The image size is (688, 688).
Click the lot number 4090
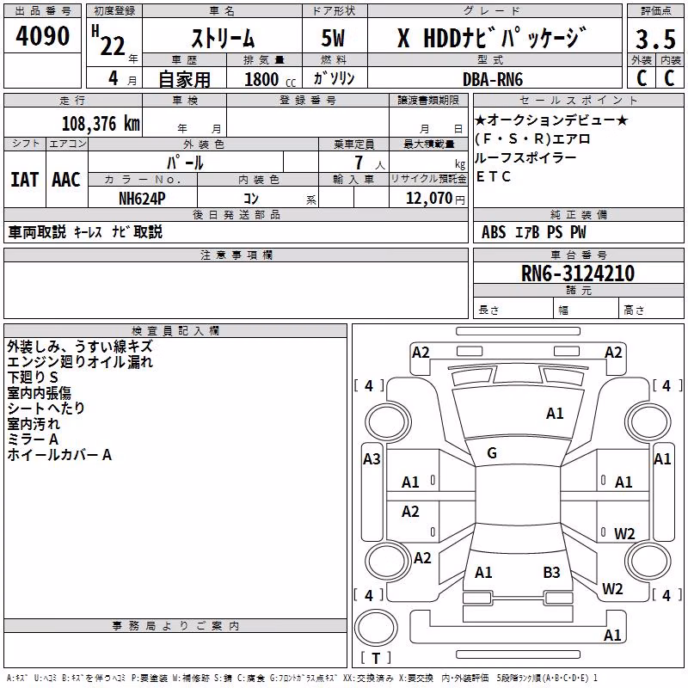pyautogui.click(x=42, y=36)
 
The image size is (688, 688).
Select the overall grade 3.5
pyautogui.click(x=655, y=39)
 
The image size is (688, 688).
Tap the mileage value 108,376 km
pyautogui.click(x=101, y=123)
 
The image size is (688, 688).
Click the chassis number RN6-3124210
pyautogui.click(x=578, y=273)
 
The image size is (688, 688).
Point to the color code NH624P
pyautogui.click(x=142, y=199)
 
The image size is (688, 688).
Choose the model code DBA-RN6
pyautogui.click(x=493, y=79)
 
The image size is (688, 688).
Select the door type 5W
pyautogui.click(x=333, y=38)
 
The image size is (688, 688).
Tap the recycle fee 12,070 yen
pyautogui.click(x=435, y=199)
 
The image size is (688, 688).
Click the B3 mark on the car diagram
pyautogui.click(x=551, y=572)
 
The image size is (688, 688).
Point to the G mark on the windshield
pyautogui.click(x=492, y=453)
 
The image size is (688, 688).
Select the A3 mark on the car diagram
pyautogui.click(x=372, y=459)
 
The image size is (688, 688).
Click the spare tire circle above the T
pyautogui.click(x=376, y=629)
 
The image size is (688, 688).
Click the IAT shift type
pyautogui.click(x=25, y=180)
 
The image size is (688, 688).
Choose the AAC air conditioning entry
pyautogui.click(x=66, y=180)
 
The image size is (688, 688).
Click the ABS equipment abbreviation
pyautogui.click(x=494, y=232)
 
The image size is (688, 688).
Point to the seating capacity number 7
pyautogui.click(x=359, y=163)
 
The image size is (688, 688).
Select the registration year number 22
pyautogui.click(x=113, y=46)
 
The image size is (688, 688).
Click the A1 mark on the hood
pyautogui.click(x=555, y=414)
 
